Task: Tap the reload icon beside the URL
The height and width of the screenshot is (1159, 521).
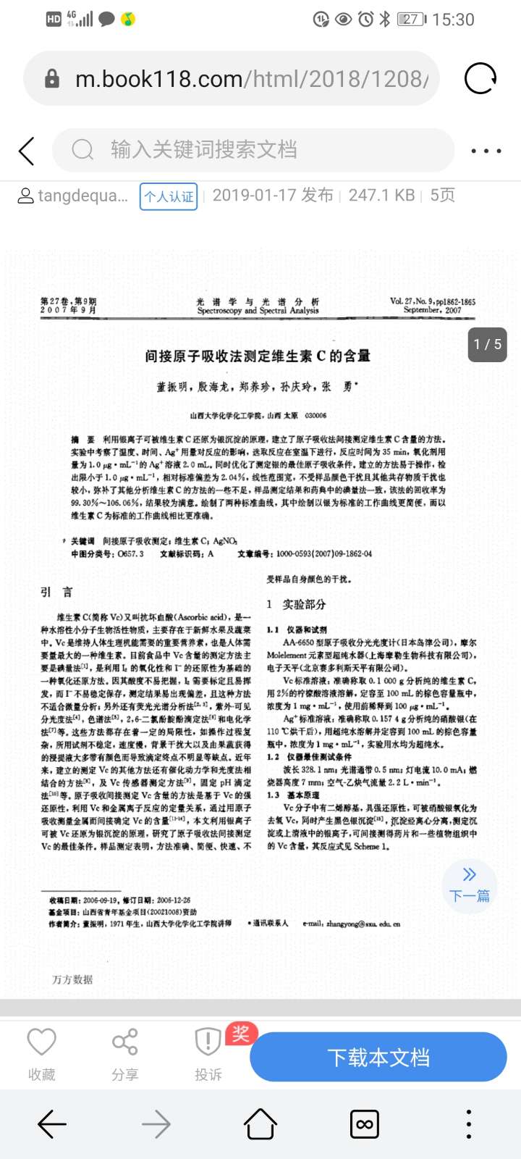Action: pyautogui.click(x=480, y=78)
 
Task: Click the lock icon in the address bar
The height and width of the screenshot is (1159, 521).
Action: pyautogui.click(x=52, y=78)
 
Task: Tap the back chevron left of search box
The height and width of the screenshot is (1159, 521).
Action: pyautogui.click(x=27, y=151)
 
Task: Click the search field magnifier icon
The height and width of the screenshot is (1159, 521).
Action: pyautogui.click(x=82, y=150)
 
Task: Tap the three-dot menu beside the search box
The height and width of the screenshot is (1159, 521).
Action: pyautogui.click(x=486, y=151)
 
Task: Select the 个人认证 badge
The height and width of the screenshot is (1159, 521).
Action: pyautogui.click(x=169, y=196)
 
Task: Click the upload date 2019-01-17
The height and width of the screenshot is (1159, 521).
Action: pyautogui.click(x=273, y=196)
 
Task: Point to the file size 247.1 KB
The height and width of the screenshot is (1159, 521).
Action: pyautogui.click(x=381, y=196)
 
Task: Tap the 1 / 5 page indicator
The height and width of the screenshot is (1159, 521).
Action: pyautogui.click(x=487, y=344)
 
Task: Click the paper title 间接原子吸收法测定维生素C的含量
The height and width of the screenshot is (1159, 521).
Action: pyautogui.click(x=258, y=356)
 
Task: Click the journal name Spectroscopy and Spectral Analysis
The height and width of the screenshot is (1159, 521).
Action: pyautogui.click(x=258, y=310)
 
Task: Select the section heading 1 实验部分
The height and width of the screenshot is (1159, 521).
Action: pyautogui.click(x=296, y=604)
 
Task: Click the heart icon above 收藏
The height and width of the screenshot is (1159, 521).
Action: pyautogui.click(x=41, y=1042)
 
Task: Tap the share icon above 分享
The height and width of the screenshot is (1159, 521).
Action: pyautogui.click(x=124, y=1042)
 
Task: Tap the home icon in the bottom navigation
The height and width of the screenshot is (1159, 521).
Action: pyautogui.click(x=260, y=1124)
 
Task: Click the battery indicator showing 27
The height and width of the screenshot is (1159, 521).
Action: pyautogui.click(x=412, y=20)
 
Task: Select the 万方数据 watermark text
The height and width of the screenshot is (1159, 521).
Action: pyautogui.click(x=72, y=979)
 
